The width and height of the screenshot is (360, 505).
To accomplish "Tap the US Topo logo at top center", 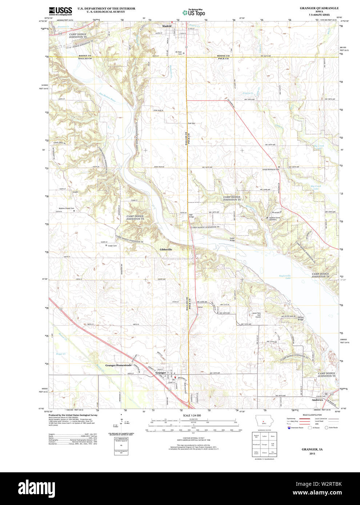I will [x=194, y=12].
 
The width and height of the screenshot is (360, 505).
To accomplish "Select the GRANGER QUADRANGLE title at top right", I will [x=319, y=8].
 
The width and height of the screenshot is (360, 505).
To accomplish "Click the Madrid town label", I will [x=167, y=26].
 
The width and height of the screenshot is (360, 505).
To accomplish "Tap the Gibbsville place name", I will [x=166, y=250].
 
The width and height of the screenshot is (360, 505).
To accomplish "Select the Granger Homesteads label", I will [x=118, y=365].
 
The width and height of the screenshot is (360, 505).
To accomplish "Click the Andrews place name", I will [x=317, y=400].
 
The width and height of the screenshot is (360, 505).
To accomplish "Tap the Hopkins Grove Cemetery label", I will [x=275, y=219].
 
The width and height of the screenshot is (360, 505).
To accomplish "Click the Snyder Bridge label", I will [x=232, y=239].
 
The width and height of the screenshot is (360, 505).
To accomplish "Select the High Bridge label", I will [x=191, y=216].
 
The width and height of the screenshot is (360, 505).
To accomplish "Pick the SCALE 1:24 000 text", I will [x=192, y=415].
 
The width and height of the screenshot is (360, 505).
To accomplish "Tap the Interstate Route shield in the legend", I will [x=289, y=428].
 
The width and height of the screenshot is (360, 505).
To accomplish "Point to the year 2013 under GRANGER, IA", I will [x=312, y=453].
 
